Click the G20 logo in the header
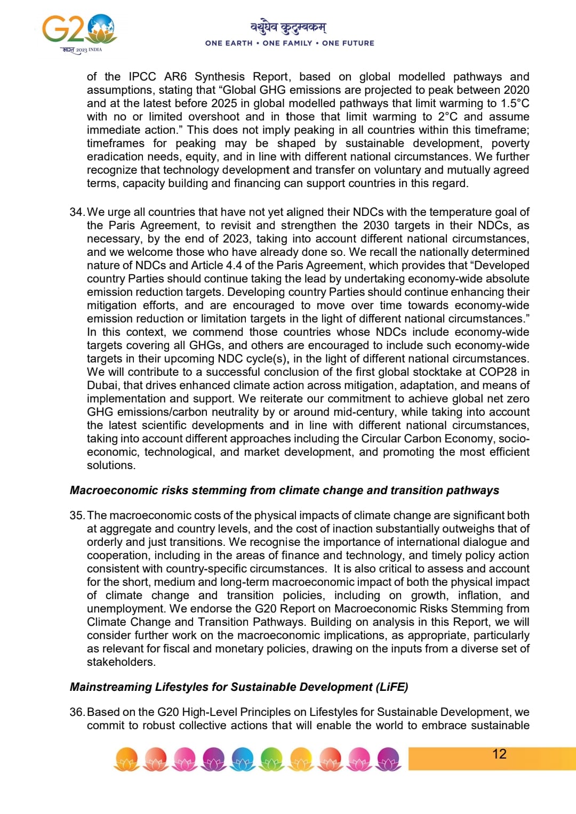tap(79, 31)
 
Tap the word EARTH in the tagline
tap(239, 43)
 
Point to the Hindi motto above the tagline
tap(289, 27)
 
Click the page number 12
tap(499, 754)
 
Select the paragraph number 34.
tap(77, 212)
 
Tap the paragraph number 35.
tap(77, 515)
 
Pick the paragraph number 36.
tap(77, 712)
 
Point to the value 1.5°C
tap(515, 103)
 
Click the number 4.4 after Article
tap(234, 265)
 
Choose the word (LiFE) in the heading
tap(392, 687)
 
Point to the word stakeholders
tap(121, 662)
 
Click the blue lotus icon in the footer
tap(243, 759)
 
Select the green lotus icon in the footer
tap(272, 759)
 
